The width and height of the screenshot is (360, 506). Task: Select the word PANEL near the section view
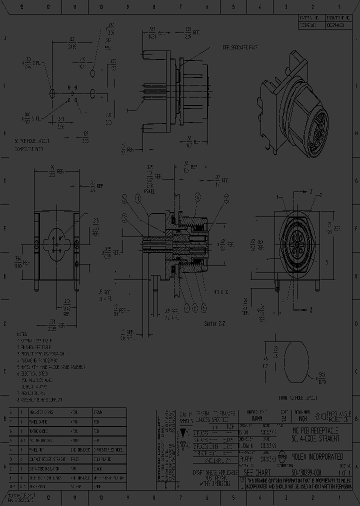149,190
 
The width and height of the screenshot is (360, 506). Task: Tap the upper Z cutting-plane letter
311,192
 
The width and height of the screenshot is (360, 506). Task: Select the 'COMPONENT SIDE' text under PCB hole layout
29,149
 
